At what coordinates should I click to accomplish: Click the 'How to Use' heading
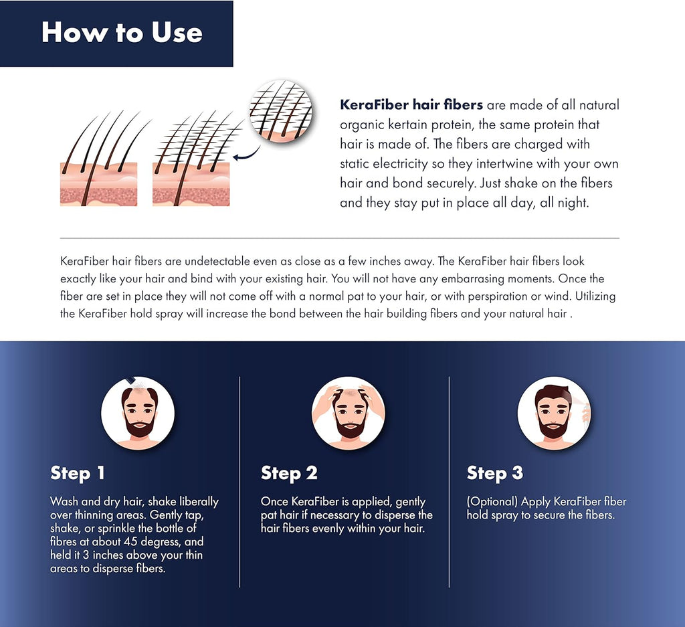point(122,33)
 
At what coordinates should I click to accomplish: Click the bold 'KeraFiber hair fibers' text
point(411,105)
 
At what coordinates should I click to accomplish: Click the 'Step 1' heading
point(78,473)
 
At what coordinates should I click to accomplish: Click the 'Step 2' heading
point(289,473)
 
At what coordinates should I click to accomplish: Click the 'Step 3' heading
point(494,473)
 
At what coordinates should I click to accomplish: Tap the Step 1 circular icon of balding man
point(138,413)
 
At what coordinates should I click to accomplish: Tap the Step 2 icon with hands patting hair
point(349,413)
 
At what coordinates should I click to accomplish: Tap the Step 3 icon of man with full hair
point(555,413)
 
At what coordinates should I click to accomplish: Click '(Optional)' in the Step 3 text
point(492,502)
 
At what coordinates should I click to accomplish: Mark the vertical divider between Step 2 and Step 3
point(449,482)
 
